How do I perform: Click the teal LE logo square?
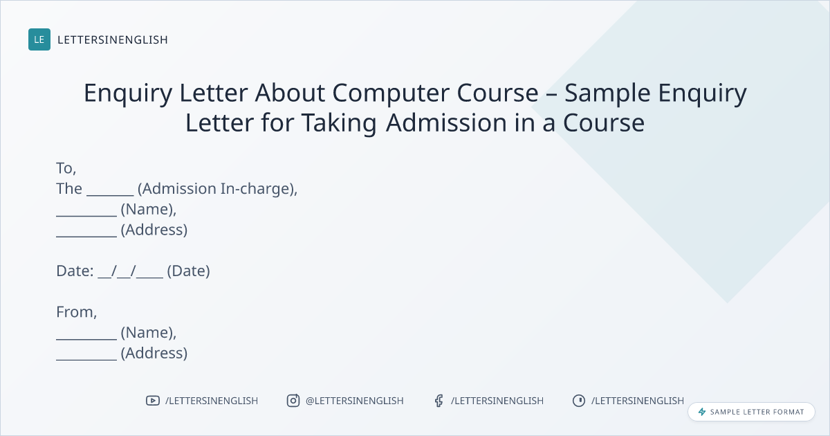[x=39, y=39]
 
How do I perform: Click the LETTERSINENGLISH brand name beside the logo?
[x=113, y=39]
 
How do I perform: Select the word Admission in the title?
[x=446, y=122]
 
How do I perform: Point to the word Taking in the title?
[x=339, y=123]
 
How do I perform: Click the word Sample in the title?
[x=607, y=93]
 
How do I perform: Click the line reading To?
[x=66, y=168]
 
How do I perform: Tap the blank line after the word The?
[x=110, y=195]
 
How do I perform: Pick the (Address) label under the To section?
[x=154, y=230]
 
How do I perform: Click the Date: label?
[x=75, y=271]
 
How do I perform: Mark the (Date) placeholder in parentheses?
[x=189, y=271]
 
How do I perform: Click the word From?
[x=76, y=312]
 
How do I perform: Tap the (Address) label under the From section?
[x=154, y=353]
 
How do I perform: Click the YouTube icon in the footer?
[x=153, y=401]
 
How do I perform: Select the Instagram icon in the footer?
[x=293, y=401]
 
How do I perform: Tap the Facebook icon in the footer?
[x=439, y=401]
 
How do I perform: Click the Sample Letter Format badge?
[x=751, y=412]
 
